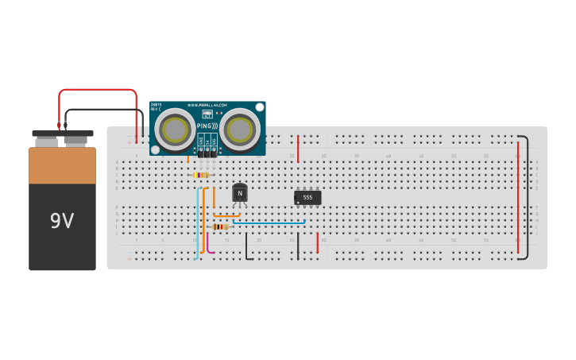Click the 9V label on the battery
tap(62, 221)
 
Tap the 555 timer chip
tap(307, 197)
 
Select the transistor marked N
tap(240, 193)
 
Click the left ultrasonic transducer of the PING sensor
tap(175, 127)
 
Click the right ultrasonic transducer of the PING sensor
tap(239, 127)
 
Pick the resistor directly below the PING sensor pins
tap(202, 175)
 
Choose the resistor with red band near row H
tap(220, 226)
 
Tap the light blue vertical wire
tap(197, 223)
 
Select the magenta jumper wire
tap(210, 242)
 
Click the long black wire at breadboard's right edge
tap(526, 199)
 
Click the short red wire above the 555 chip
tap(298, 149)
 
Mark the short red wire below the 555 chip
tap(317, 242)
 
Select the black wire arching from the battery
tap(103, 109)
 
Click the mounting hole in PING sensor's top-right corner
tap(259, 107)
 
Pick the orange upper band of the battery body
tap(62, 165)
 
